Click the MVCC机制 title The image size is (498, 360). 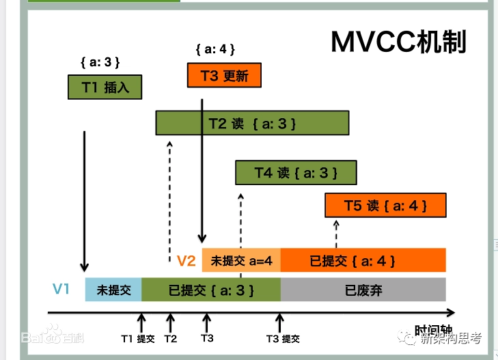click(x=399, y=42)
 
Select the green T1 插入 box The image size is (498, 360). click(x=105, y=87)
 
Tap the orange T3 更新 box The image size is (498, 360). click(x=224, y=75)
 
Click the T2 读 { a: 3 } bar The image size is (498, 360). click(x=252, y=123)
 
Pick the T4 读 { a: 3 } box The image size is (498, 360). click(x=296, y=172)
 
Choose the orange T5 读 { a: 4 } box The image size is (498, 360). click(x=385, y=205)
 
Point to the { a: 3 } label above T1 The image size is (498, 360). click(x=100, y=62)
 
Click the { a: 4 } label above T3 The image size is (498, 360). click(x=215, y=49)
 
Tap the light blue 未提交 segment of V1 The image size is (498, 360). click(x=113, y=290)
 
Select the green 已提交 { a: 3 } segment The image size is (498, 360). click(x=210, y=290)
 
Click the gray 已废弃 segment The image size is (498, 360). click(x=363, y=290)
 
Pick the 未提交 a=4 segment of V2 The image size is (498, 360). click(x=241, y=260)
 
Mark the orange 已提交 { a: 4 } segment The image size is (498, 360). click(x=363, y=260)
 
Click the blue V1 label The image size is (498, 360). click(x=61, y=289)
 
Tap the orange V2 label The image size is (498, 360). click(x=186, y=260)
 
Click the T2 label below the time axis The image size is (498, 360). click(x=170, y=338)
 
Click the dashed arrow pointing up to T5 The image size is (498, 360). click(x=335, y=234)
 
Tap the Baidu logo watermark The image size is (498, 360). click(x=52, y=336)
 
